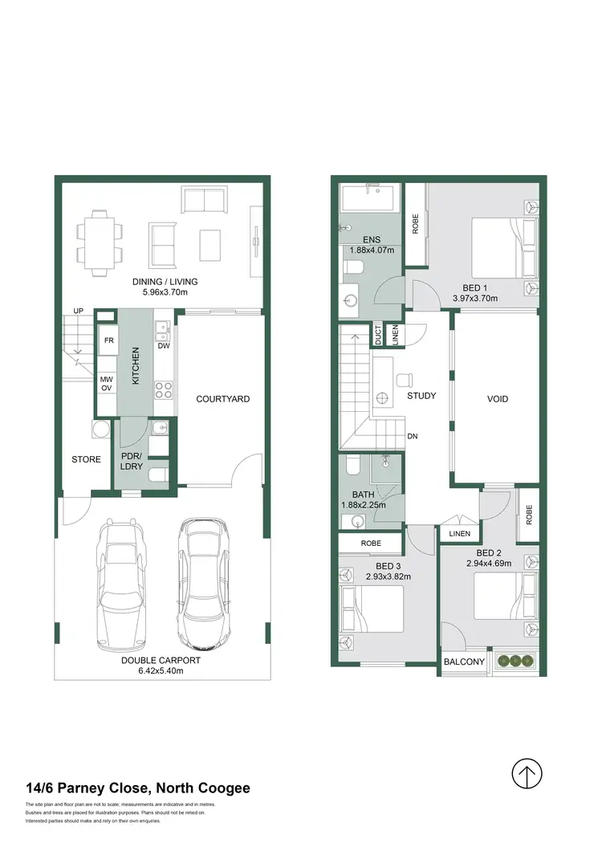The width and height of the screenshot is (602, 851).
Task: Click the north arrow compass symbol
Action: click(527, 775)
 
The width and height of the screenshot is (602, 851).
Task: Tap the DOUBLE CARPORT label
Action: click(161, 661)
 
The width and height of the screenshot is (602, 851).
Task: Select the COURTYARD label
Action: click(223, 399)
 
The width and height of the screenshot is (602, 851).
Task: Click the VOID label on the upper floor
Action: click(497, 398)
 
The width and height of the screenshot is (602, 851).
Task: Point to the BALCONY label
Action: click(465, 662)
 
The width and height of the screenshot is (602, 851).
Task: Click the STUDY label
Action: click(421, 396)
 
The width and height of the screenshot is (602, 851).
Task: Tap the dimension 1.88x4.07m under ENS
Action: click(372, 250)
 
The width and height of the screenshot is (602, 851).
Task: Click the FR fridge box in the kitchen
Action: click(108, 340)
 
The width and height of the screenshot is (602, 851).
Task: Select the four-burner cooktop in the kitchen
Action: click(164, 391)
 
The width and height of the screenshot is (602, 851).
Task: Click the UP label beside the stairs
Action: click(79, 311)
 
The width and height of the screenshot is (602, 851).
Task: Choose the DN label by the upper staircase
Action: click(412, 437)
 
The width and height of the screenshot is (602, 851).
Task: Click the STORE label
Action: click(86, 459)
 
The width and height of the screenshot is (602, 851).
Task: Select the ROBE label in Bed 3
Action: click(370, 543)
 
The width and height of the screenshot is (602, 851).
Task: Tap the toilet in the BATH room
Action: click(352, 466)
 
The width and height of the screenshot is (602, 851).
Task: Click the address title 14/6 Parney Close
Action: click(137, 788)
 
